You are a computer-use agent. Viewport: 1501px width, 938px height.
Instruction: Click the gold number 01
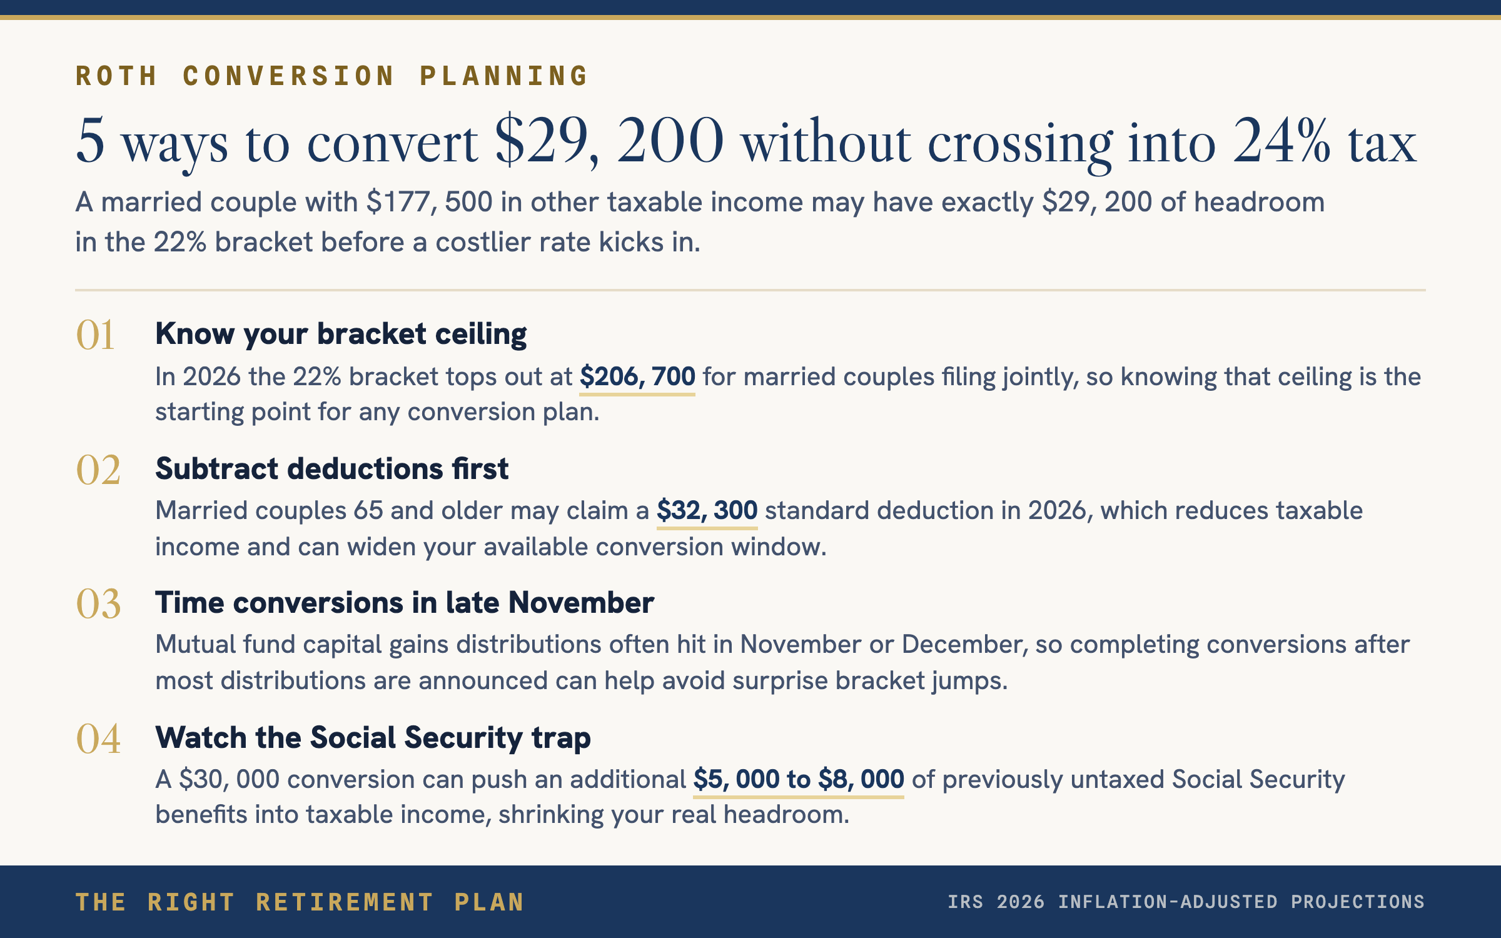95,335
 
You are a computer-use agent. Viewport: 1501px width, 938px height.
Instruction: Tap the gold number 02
98,470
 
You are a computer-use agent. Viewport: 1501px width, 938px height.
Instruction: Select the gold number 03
98,604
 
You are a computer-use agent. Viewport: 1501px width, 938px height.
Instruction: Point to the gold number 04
98,739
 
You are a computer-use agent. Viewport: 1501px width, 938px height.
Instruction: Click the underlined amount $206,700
637,377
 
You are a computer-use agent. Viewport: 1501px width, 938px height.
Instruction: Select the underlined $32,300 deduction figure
707,511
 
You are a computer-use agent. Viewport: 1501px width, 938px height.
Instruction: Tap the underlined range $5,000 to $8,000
799,780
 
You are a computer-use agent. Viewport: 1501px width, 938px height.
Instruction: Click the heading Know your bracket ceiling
341,334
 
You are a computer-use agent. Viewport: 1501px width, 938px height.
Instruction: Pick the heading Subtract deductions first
332,468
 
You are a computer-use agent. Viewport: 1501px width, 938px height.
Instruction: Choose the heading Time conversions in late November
405,603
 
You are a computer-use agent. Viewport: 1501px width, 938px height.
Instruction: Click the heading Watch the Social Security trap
373,737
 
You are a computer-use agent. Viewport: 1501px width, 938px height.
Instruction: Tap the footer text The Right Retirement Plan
300,902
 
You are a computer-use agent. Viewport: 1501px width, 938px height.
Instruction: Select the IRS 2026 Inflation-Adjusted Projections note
1186,902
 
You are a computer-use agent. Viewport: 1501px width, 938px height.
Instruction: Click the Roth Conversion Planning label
331,76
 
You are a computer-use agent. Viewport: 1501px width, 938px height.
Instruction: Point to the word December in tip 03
961,645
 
